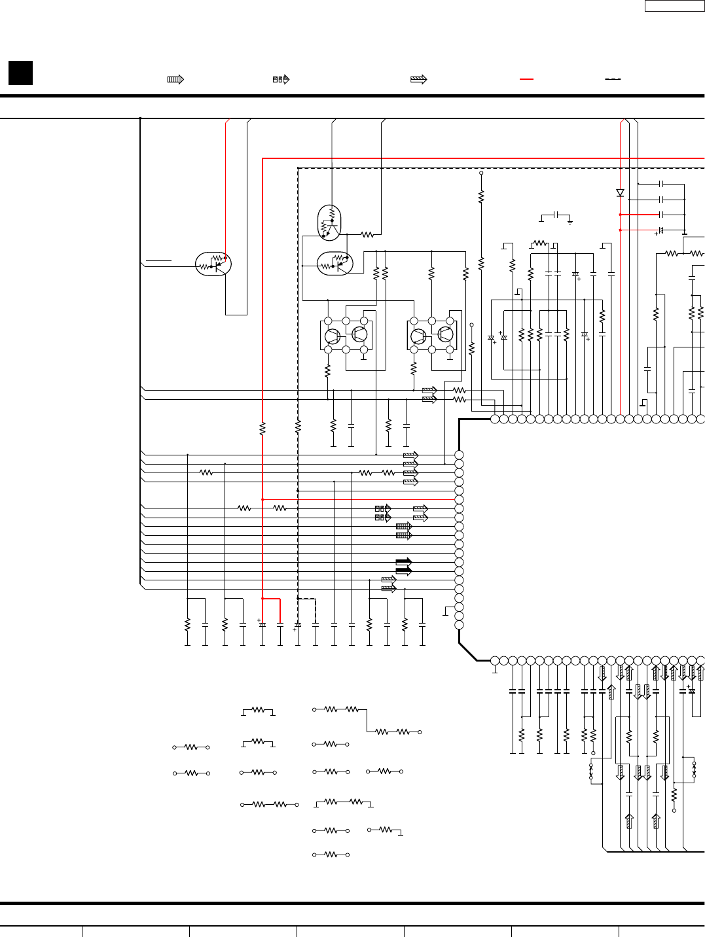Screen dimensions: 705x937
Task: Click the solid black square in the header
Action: [x=20, y=73]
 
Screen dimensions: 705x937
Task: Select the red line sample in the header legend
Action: [x=526, y=79]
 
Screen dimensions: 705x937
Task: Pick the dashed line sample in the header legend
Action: [x=613, y=79]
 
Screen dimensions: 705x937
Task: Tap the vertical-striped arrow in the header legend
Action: [x=175, y=79]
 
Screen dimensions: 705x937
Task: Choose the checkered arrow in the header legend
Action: [x=281, y=79]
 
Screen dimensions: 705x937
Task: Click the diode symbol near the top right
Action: [x=620, y=193]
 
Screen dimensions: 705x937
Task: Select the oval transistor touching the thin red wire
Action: [x=213, y=264]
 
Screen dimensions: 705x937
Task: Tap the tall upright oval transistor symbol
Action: [x=329, y=222]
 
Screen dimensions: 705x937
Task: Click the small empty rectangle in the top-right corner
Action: [x=674, y=6]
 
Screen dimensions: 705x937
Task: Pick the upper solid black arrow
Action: [x=404, y=561]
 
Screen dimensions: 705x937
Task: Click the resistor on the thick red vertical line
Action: [x=262, y=429]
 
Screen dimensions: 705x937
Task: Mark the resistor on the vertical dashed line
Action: [x=298, y=427]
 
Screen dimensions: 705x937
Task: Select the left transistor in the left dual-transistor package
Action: [x=333, y=336]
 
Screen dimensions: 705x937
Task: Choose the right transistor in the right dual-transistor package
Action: [x=445, y=335]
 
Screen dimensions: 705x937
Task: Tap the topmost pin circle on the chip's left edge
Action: [x=459, y=455]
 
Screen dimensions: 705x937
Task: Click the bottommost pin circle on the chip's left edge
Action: [x=459, y=625]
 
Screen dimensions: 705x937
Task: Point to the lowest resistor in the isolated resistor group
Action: [x=331, y=855]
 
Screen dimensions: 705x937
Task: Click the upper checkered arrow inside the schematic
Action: [x=383, y=508]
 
